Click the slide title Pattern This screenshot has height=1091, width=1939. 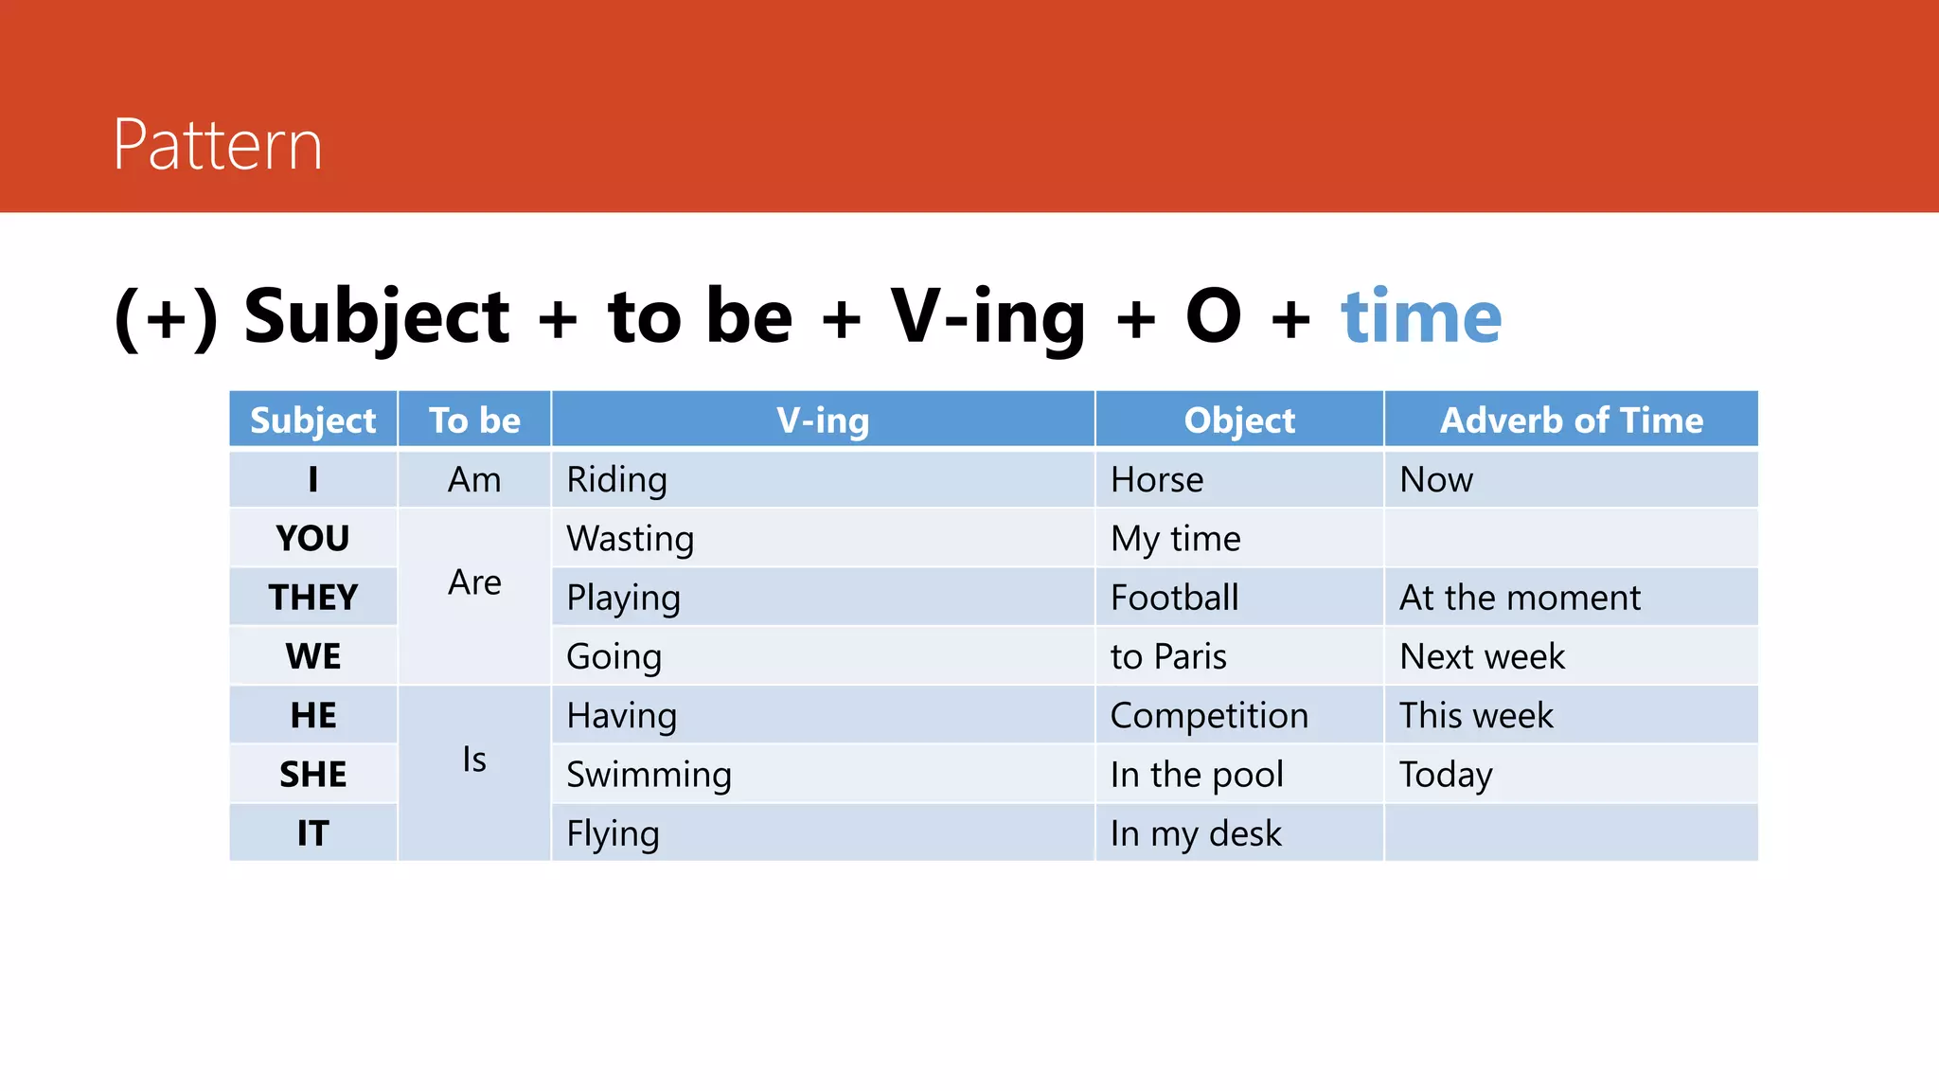pos(218,145)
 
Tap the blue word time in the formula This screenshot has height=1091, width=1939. pos(1421,316)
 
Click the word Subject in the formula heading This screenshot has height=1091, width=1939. pos(376,316)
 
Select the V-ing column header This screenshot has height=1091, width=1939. pos(823,420)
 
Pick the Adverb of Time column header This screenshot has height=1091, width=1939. pos(1571,420)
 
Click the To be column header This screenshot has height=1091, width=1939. pos(474,420)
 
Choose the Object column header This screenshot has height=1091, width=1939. pos(1238,420)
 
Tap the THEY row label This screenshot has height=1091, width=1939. pos(313,598)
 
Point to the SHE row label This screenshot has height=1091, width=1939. pos(313,775)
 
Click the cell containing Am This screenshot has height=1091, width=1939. pos(474,480)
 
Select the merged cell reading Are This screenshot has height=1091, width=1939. pos(474,582)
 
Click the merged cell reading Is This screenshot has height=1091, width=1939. pos(474,760)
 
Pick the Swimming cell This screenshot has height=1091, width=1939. pos(649,775)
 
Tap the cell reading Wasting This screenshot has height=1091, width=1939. pos(631,539)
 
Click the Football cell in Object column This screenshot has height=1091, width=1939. pos(1174,598)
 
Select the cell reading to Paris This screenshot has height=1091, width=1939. pos(1168,656)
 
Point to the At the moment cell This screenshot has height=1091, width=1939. pos(1520,598)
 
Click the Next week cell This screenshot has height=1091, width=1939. pos(1482,656)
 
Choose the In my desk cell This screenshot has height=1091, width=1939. pos(1196,833)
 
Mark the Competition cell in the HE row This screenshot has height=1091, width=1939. pos(1209,715)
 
